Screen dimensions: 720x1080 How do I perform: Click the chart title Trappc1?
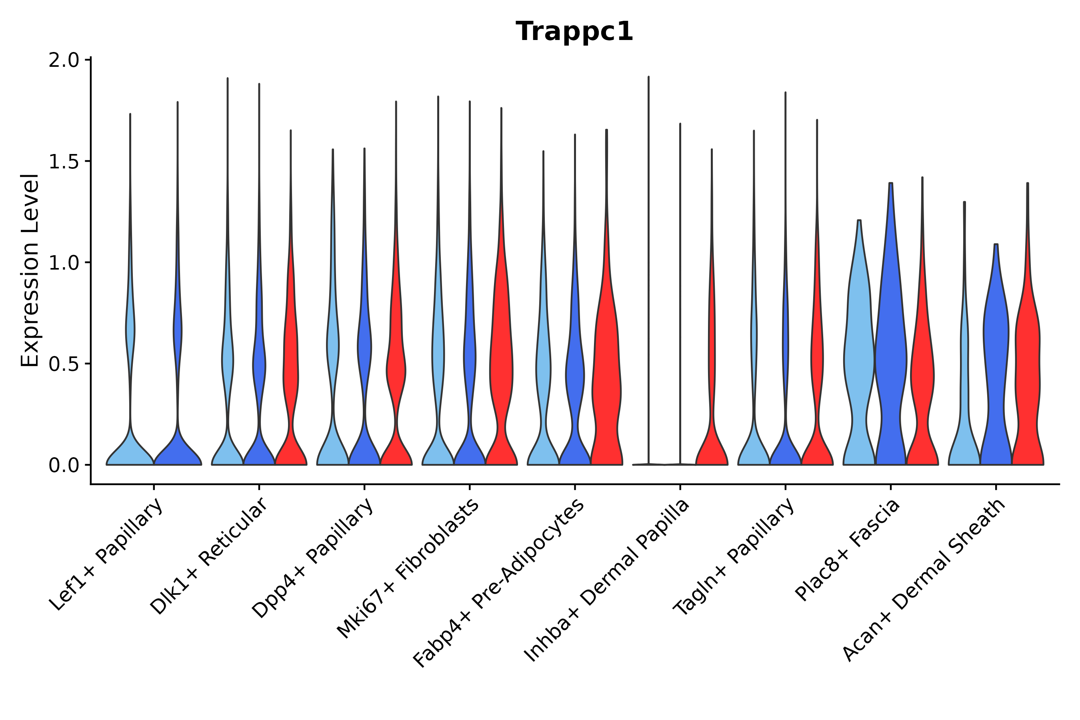(574, 32)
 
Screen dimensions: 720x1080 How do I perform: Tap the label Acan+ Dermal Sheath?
(924, 580)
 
